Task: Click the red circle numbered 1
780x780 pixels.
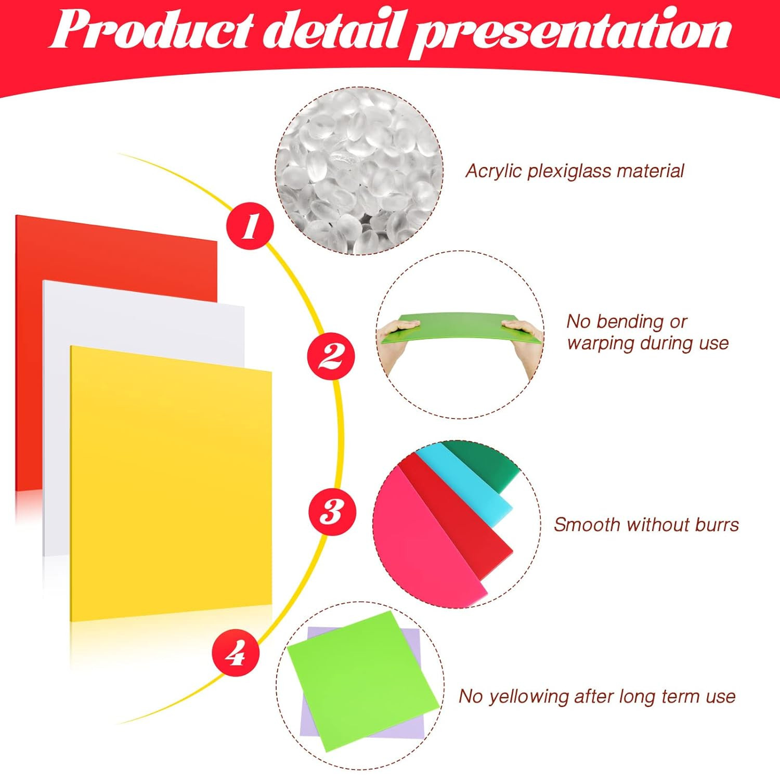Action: pyautogui.click(x=250, y=226)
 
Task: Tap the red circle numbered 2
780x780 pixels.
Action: pyautogui.click(x=331, y=357)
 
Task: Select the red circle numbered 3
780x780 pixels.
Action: pyautogui.click(x=333, y=512)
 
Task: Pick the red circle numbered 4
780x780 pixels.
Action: pyautogui.click(x=236, y=652)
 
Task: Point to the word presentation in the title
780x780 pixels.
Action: pyautogui.click(x=571, y=33)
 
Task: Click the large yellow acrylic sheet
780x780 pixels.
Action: pyautogui.click(x=171, y=484)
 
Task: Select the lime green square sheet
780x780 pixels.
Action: pyautogui.click(x=363, y=681)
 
